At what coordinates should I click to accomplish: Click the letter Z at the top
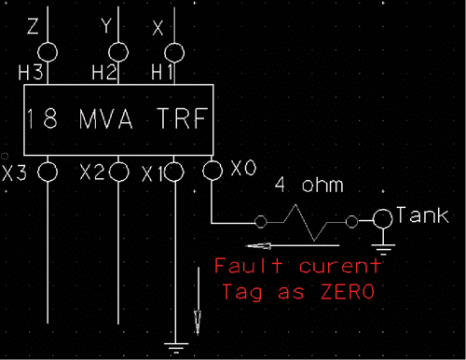click(x=34, y=29)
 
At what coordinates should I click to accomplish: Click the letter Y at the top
click(x=106, y=29)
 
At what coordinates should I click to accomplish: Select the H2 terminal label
click(x=103, y=71)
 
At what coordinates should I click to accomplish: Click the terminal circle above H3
click(x=48, y=49)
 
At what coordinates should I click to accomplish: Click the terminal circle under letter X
click(x=173, y=50)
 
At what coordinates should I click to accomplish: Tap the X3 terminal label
click(x=15, y=173)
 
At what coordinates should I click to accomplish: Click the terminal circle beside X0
click(x=213, y=169)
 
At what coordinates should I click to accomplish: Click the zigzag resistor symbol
click(x=306, y=223)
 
